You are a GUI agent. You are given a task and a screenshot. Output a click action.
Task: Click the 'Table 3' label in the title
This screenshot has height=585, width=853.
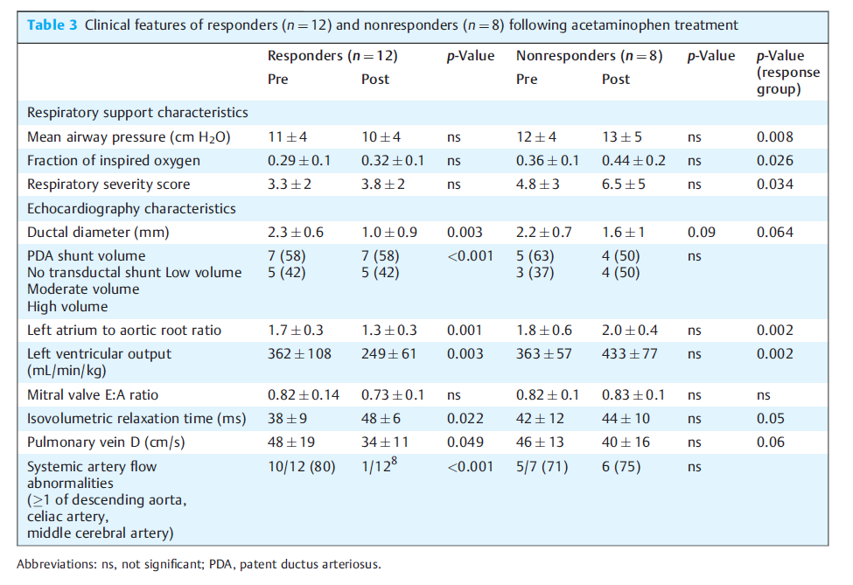(52, 25)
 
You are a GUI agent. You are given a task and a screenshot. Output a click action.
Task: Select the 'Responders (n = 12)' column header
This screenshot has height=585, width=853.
(332, 56)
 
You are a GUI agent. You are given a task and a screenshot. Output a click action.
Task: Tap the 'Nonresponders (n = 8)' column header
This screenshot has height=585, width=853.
(589, 56)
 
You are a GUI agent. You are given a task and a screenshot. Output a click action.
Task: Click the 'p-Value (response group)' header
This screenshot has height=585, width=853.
(787, 73)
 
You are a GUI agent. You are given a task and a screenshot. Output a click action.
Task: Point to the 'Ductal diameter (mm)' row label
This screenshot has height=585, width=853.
(98, 233)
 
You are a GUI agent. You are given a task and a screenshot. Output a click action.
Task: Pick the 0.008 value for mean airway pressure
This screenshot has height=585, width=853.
(774, 137)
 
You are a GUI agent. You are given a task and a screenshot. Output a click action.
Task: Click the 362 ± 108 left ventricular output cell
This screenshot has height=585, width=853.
(299, 354)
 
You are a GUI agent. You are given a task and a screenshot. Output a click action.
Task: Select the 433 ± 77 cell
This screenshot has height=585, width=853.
(629, 354)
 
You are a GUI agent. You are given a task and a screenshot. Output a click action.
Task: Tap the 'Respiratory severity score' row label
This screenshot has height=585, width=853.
(108, 185)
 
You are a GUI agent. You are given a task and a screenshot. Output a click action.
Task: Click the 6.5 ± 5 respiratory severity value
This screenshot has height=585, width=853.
(624, 185)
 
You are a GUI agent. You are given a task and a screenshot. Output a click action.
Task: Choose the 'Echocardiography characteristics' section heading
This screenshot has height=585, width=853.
(131, 209)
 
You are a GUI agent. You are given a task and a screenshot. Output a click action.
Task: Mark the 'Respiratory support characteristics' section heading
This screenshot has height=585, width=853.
(137, 113)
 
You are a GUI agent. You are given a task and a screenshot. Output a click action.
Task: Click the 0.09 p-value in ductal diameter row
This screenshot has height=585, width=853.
(702, 233)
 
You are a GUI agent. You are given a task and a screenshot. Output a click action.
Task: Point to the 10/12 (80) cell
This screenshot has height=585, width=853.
(301, 467)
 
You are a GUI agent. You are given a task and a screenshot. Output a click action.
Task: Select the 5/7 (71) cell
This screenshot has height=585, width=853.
(542, 467)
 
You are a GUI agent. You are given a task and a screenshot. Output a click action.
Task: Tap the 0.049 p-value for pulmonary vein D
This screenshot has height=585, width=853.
(465, 442)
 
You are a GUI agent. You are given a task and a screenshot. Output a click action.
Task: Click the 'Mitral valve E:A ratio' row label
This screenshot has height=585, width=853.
(93, 395)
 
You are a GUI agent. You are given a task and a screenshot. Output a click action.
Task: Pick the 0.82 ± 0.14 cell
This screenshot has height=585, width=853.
(303, 395)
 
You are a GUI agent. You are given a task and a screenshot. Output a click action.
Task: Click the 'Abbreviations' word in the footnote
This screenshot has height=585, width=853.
(57, 564)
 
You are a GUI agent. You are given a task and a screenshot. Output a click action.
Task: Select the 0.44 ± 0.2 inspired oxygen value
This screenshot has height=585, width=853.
(633, 161)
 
